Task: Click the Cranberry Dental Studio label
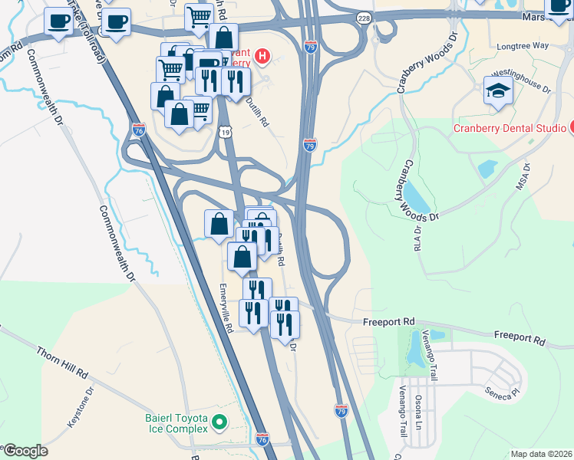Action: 509,128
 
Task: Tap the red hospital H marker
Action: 263,55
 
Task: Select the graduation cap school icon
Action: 498,90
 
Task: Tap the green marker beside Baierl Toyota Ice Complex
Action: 219,421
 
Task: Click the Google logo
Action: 25,451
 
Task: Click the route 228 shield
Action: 364,17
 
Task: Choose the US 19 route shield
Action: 224,132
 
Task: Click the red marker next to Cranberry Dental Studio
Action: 572,127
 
